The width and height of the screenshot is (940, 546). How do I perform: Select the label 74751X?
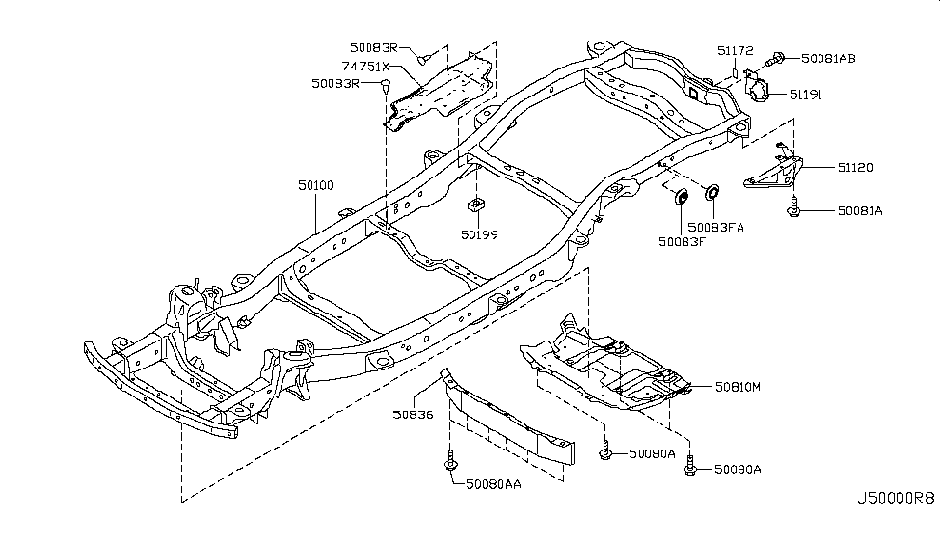364,67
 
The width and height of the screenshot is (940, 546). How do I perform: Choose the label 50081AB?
826,58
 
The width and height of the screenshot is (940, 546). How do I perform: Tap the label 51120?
826,167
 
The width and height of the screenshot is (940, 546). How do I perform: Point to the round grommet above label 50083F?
680,199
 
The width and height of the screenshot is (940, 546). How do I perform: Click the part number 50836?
412,416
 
